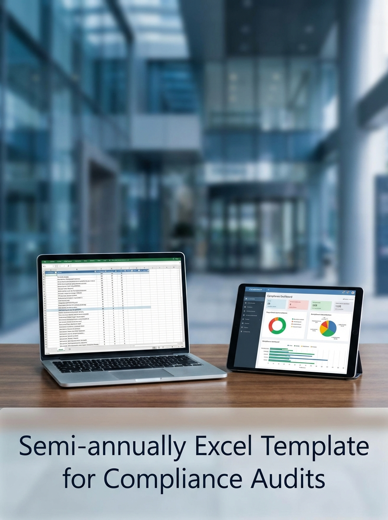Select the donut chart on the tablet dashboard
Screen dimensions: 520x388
pos(278,325)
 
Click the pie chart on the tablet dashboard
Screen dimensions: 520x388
pos(328,328)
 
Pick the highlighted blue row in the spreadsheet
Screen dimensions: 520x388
pos(104,307)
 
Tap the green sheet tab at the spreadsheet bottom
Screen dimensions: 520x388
pos(61,349)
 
